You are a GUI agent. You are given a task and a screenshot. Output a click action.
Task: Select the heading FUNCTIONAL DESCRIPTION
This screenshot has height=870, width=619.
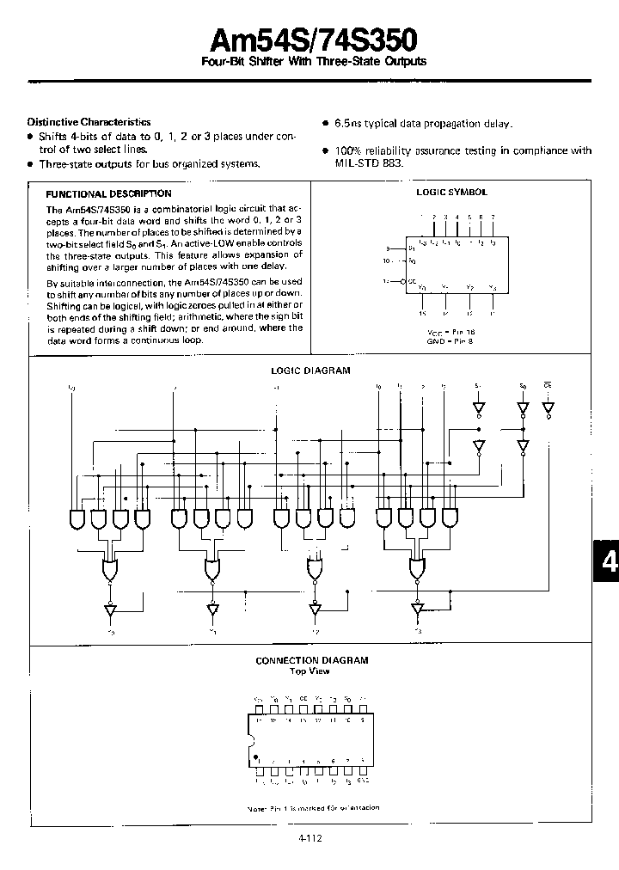[108, 194]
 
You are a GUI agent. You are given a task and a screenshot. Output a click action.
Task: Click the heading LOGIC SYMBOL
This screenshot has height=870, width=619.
[451, 193]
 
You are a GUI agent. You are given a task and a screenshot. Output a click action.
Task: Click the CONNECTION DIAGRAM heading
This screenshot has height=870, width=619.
[312, 660]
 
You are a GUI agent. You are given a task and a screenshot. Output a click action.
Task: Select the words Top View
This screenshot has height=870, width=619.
[309, 671]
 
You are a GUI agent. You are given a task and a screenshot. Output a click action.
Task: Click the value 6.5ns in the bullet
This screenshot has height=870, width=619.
[350, 124]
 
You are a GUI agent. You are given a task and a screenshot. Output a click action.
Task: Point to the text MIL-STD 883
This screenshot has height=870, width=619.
[368, 162]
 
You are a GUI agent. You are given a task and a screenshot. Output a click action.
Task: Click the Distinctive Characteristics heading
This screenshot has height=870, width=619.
[89, 122]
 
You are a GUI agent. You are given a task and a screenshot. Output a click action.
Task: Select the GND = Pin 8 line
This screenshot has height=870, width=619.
[451, 340]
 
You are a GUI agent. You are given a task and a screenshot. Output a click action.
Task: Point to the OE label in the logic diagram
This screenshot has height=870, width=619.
[548, 386]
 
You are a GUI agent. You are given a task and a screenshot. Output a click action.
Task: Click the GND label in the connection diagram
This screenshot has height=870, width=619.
[363, 781]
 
